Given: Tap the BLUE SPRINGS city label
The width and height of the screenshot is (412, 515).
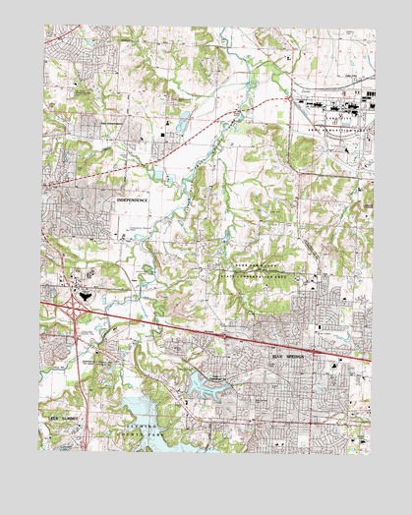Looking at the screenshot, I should [x=290, y=358].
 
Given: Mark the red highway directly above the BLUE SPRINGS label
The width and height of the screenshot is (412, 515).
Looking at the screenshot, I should [x=290, y=346].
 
